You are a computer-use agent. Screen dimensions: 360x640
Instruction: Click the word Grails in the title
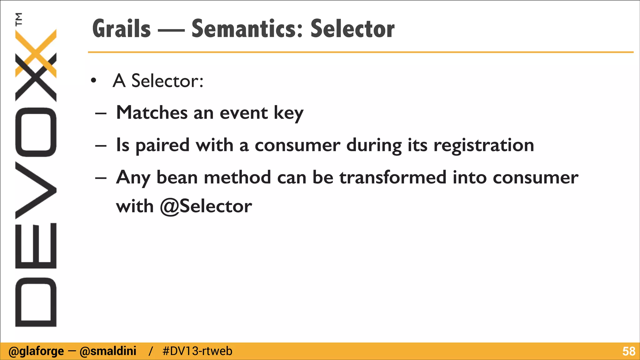122,29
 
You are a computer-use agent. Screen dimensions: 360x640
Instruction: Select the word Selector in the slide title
352,29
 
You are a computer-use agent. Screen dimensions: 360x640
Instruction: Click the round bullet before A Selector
93,81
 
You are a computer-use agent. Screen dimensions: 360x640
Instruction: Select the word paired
162,145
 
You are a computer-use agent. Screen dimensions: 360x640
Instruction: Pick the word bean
177,177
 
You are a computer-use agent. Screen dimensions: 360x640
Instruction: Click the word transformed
393,177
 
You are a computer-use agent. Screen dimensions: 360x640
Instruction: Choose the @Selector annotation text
206,206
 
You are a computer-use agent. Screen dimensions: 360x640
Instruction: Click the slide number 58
629,351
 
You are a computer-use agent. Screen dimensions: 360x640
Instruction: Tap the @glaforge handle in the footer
36,351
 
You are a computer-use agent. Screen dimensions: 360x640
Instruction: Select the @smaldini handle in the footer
108,351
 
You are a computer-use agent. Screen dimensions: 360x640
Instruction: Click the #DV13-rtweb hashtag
197,351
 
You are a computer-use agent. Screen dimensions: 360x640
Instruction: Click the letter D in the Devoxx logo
36,302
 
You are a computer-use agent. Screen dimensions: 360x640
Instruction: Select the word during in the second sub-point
374,145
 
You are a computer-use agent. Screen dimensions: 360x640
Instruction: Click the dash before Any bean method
101,178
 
